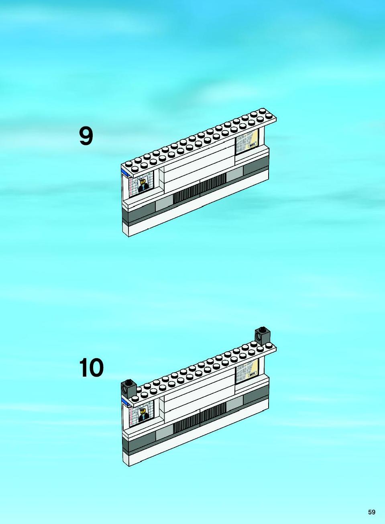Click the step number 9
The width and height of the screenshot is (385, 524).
(x=86, y=136)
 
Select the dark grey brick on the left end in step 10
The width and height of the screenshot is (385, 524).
(x=128, y=389)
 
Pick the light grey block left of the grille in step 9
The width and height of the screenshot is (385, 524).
(x=164, y=203)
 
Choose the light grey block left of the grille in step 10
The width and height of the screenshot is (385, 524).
(x=164, y=432)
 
